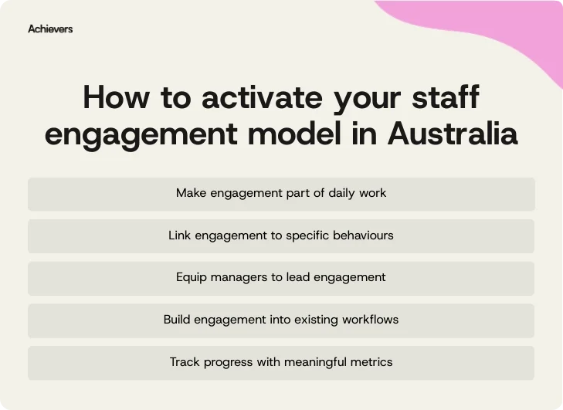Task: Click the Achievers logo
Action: coord(50,29)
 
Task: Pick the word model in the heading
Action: coord(295,134)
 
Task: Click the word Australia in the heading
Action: coord(452,134)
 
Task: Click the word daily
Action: coord(337,193)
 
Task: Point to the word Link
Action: coord(181,235)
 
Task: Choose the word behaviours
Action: coord(363,235)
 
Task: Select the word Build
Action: coord(178,319)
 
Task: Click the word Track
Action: coord(185,361)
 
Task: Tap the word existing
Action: coord(310,319)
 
